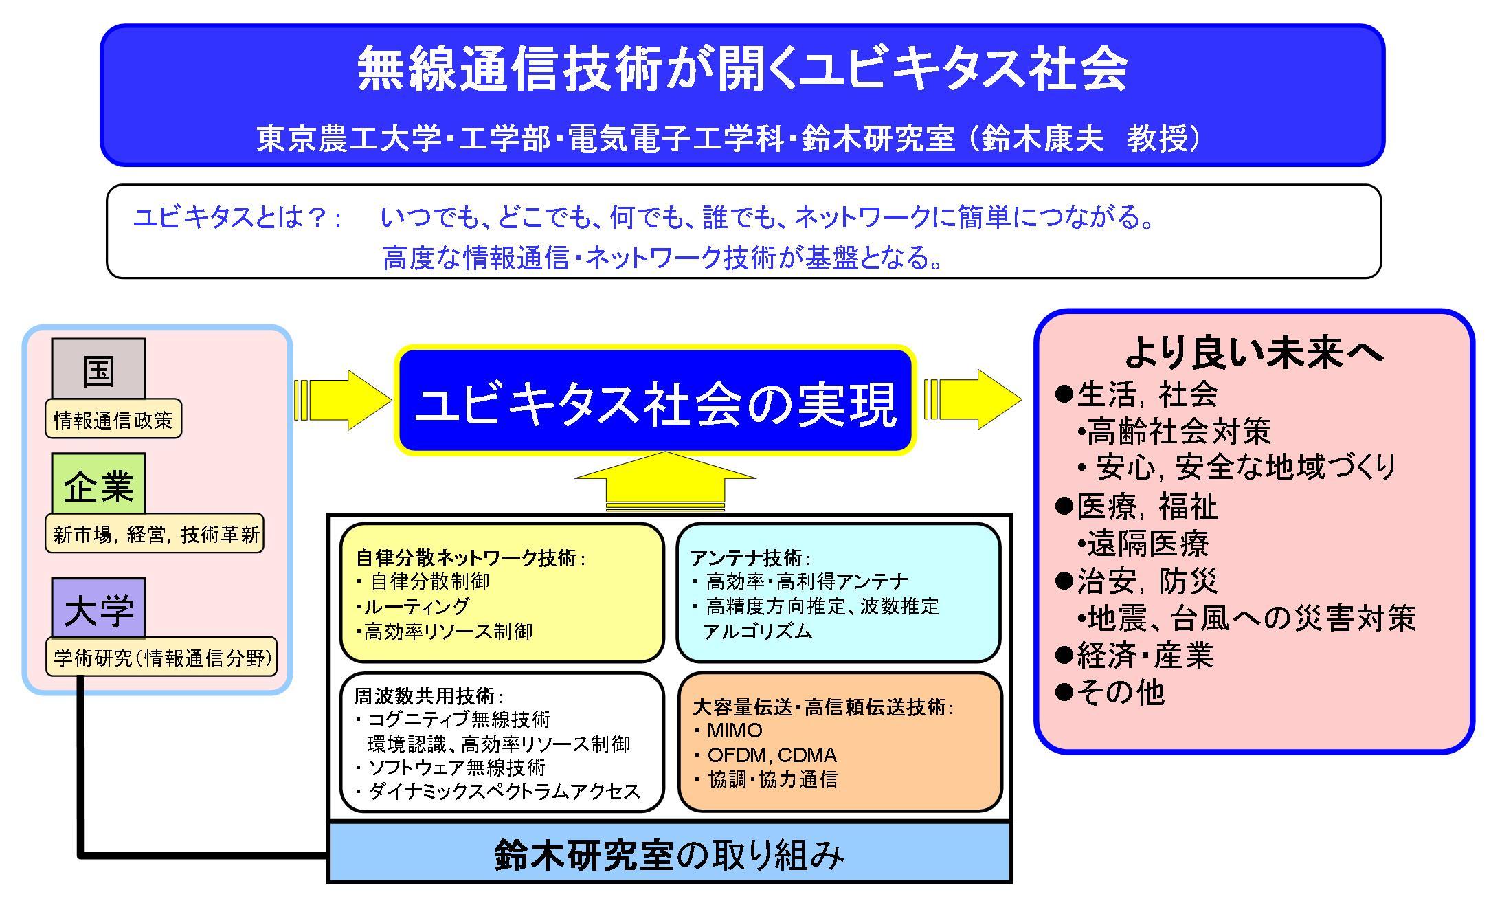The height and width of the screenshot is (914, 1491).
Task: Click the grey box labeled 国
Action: pyautogui.click(x=98, y=369)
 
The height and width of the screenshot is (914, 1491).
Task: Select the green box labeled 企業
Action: pyautogui.click(x=98, y=484)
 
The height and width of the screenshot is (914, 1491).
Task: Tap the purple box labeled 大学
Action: pyautogui.click(x=98, y=609)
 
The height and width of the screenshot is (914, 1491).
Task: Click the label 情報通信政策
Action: pyautogui.click(x=113, y=419)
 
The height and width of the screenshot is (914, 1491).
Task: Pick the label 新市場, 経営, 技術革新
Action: pyautogui.click(x=155, y=534)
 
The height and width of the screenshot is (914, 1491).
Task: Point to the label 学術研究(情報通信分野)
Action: pyautogui.click(x=162, y=658)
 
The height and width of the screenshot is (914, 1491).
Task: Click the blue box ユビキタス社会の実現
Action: pyautogui.click(x=655, y=401)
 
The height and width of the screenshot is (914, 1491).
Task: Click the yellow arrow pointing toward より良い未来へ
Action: pyautogui.click(x=973, y=400)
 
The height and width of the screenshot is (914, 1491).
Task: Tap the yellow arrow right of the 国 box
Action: pyautogui.click(x=342, y=400)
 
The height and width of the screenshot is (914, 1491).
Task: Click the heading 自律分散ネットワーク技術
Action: pyautogui.click(x=467, y=557)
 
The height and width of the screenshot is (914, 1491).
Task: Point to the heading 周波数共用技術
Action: pyautogui.click(x=425, y=696)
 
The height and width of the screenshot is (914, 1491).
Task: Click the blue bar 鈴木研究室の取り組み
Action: pyautogui.click(x=669, y=854)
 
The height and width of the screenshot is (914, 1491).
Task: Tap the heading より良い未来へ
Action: pyautogui.click(x=1254, y=354)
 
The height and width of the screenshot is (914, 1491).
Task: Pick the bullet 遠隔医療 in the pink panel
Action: pyautogui.click(x=1147, y=544)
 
